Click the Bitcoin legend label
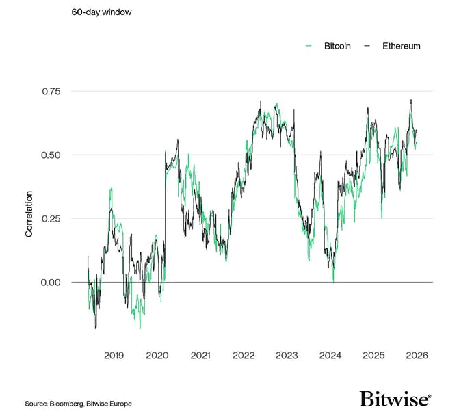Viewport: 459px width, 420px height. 337,46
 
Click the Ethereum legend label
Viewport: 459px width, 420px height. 401,46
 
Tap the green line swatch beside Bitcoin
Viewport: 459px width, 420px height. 309,46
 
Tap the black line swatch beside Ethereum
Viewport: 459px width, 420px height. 367,46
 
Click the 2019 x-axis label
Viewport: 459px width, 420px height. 114,356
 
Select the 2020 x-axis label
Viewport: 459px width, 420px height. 157,356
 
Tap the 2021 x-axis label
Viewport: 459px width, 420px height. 200,356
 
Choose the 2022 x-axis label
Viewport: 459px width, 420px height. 244,356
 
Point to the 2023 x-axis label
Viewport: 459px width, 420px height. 287,356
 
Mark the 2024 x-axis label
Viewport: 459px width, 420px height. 330,356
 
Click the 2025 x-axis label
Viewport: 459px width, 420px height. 373,356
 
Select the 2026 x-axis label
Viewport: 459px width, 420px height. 417,356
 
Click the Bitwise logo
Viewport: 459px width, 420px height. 395,399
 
